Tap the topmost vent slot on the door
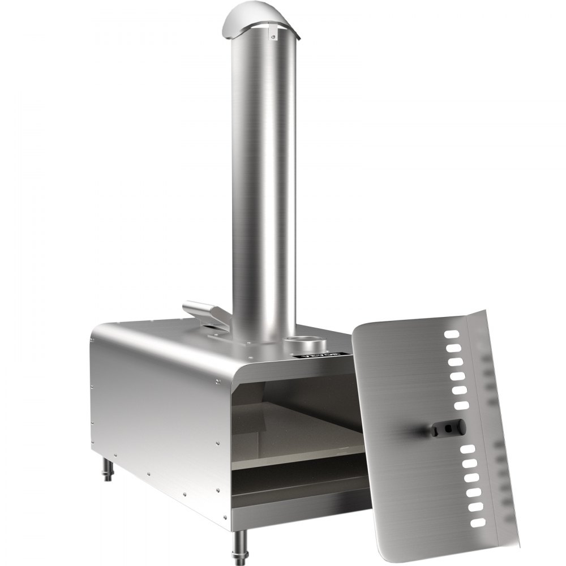tap(452, 335)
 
